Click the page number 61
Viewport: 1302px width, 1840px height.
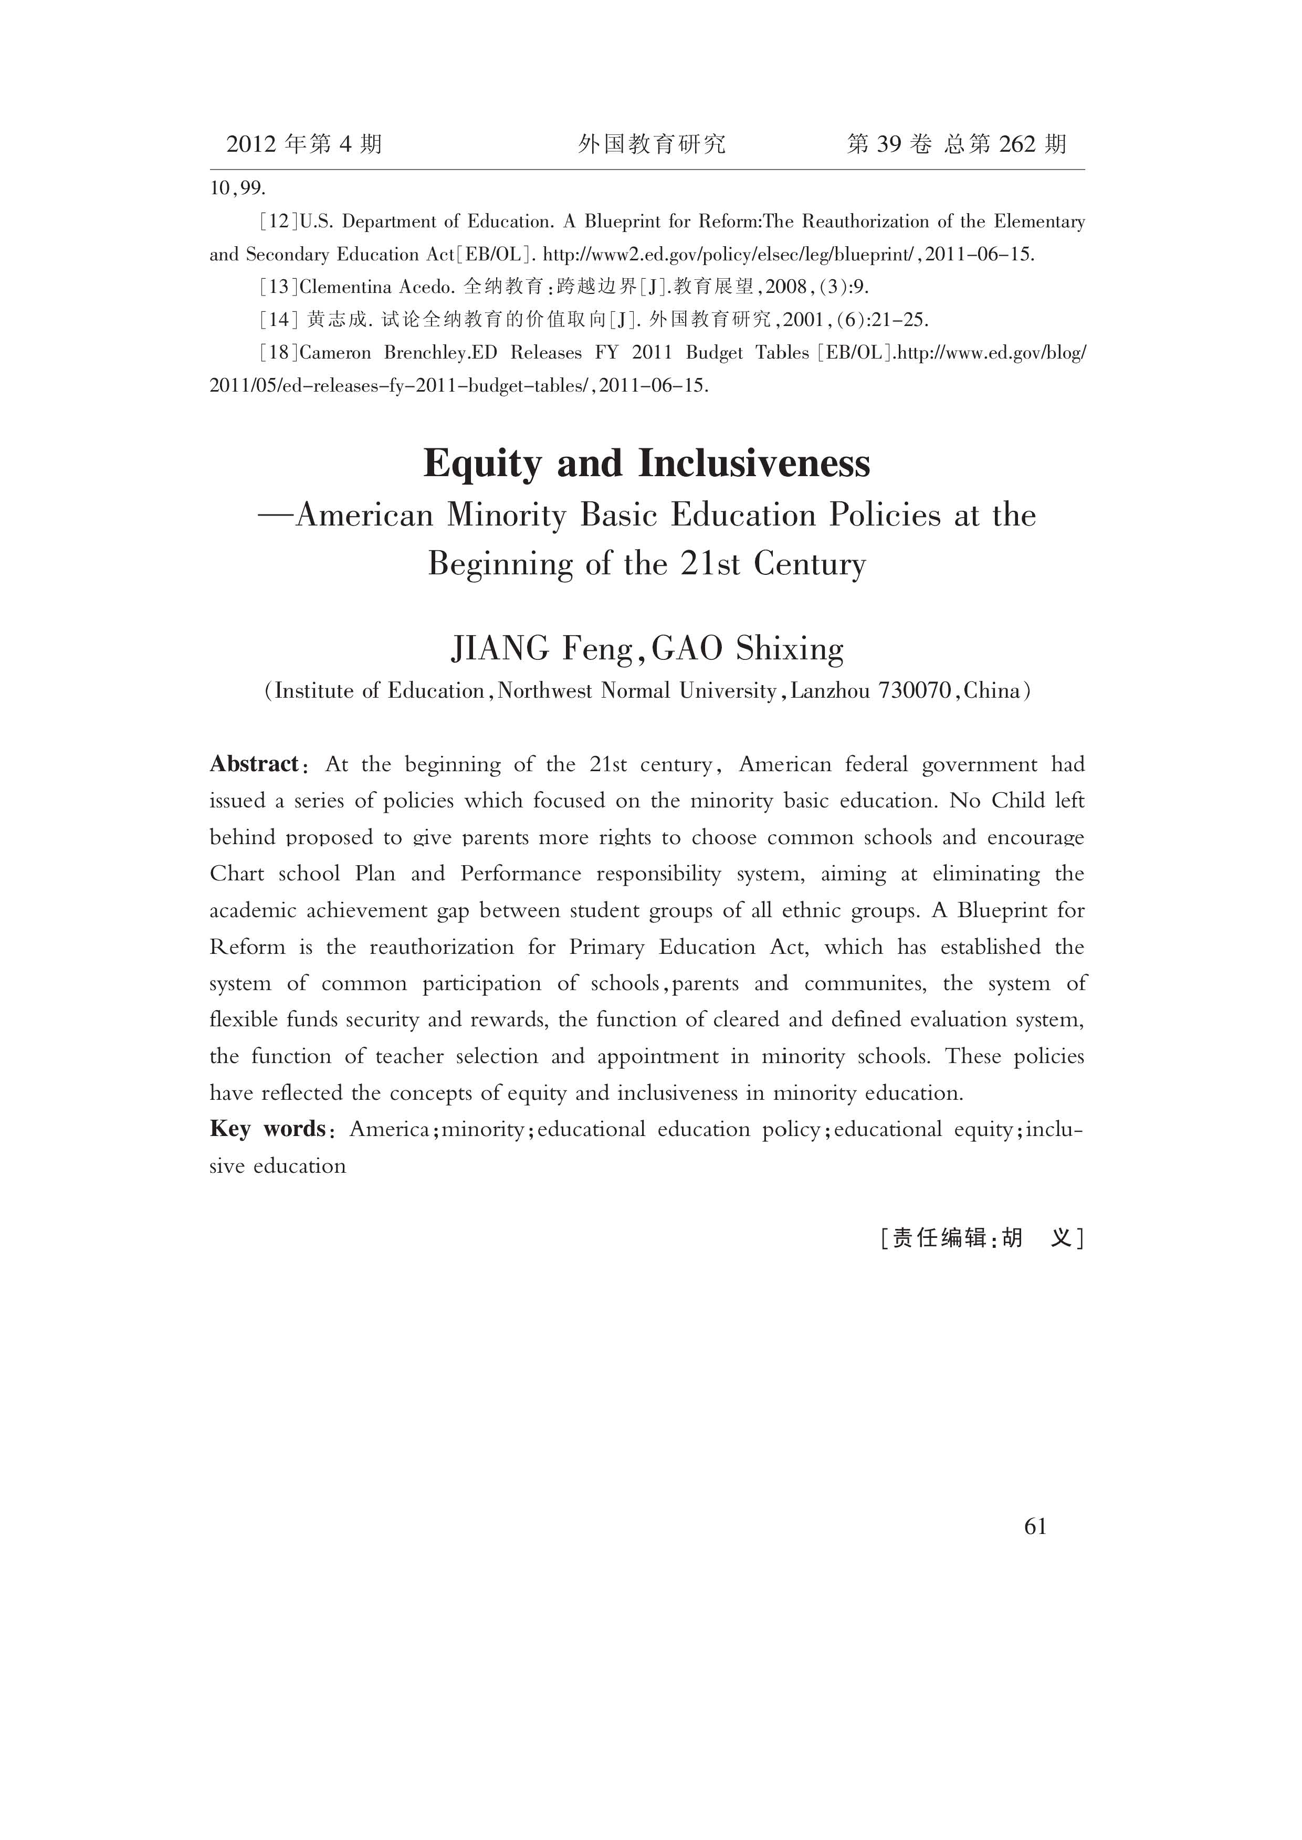pos(1035,1527)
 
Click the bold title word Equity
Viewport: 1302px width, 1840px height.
pos(482,464)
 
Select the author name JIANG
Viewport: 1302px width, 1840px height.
pos(499,649)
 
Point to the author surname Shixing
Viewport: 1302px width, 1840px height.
pos(790,649)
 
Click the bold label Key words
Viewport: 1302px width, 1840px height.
pos(267,1129)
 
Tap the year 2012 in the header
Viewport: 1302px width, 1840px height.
pos(251,144)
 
